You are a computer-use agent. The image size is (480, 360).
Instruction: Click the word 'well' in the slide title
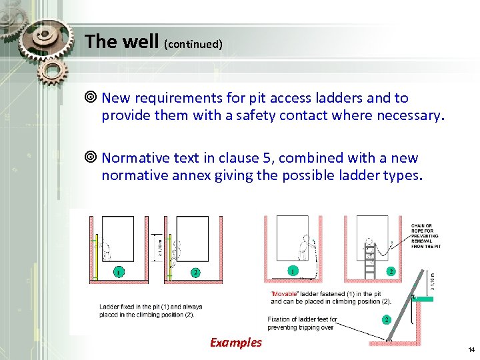coord(141,42)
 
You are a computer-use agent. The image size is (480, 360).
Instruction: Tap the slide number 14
coord(471,349)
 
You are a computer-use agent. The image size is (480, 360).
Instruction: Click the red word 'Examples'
coord(236,342)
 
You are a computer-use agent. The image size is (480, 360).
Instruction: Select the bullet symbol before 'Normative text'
coord(93,159)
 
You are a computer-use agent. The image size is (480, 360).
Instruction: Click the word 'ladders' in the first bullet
coord(337,98)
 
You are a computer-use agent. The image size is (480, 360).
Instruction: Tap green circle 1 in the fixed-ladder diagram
coord(118,272)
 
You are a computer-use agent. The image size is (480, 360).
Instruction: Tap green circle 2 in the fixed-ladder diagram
coord(195,272)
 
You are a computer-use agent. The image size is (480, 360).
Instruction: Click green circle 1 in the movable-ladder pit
coord(293,271)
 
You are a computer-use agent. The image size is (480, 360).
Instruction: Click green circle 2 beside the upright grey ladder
coord(391,271)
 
